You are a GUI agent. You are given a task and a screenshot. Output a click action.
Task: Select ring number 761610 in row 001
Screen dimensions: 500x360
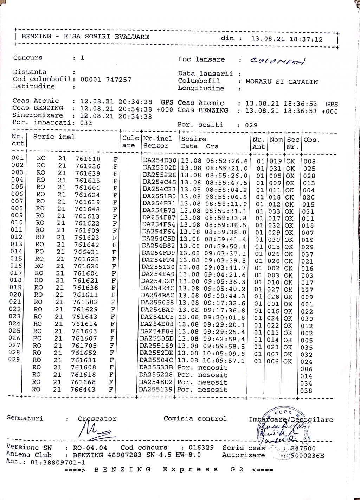point(88,159)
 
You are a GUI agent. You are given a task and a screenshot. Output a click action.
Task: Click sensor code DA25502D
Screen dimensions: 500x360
point(160,167)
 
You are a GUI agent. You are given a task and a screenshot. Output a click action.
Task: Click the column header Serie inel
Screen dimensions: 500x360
point(54,137)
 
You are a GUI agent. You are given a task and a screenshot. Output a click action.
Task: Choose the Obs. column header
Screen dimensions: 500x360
point(312,140)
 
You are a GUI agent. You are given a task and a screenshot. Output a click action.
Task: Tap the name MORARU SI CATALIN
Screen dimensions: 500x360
point(282,82)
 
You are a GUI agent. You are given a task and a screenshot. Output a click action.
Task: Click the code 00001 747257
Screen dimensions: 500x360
point(106,80)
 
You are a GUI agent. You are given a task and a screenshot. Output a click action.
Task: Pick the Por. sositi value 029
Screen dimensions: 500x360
point(251,125)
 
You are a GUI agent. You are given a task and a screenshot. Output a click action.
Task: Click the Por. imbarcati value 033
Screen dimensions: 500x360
point(86,122)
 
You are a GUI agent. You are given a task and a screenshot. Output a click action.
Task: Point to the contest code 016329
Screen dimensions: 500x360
point(197,448)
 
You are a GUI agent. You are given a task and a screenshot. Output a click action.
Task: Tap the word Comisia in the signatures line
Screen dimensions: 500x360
point(179,419)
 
